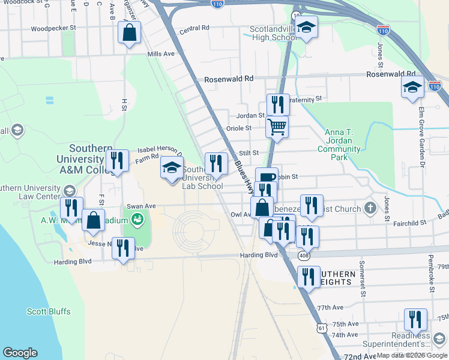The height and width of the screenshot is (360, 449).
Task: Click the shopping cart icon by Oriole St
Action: click(277, 127)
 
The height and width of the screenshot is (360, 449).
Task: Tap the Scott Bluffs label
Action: click(49, 311)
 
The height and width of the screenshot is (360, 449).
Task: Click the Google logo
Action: click(20, 353)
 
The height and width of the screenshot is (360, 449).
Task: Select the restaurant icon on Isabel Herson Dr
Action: click(117, 161)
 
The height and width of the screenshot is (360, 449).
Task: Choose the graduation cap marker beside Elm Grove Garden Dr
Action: click(412, 87)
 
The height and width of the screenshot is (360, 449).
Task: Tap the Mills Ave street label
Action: click(161, 54)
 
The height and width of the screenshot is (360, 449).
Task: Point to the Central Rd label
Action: click(194, 28)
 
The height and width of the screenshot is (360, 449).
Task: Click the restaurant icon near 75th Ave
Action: click(415, 319)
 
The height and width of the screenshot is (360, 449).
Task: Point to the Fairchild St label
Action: click(409, 223)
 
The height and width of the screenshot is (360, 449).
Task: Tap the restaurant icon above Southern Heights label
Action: click(309, 277)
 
